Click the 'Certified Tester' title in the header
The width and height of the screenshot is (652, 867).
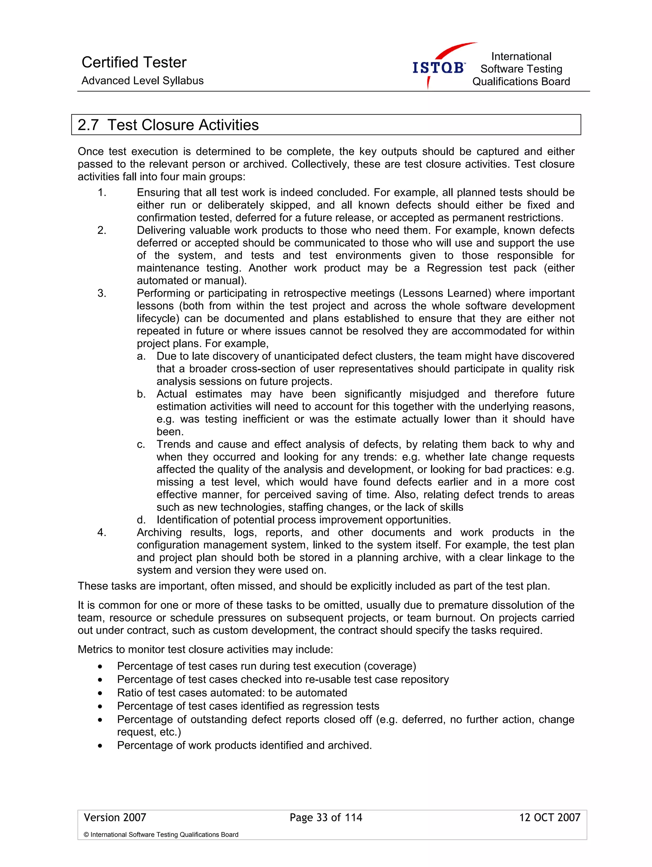coord(134,62)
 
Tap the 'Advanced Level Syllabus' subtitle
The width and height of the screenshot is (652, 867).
coord(142,81)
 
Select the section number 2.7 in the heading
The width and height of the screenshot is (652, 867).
coord(88,125)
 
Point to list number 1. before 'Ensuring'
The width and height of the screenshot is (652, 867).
coord(102,192)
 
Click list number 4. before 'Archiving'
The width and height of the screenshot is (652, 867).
coord(102,532)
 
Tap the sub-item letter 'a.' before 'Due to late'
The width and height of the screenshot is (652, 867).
coord(141,356)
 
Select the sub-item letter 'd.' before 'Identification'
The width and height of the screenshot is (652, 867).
coord(141,520)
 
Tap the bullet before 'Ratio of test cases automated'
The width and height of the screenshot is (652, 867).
coord(100,693)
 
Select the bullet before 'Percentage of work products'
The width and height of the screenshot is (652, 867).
coord(100,746)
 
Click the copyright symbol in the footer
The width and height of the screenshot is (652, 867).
coord(86,835)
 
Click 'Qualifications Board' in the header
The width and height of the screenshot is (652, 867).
coord(521,81)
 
